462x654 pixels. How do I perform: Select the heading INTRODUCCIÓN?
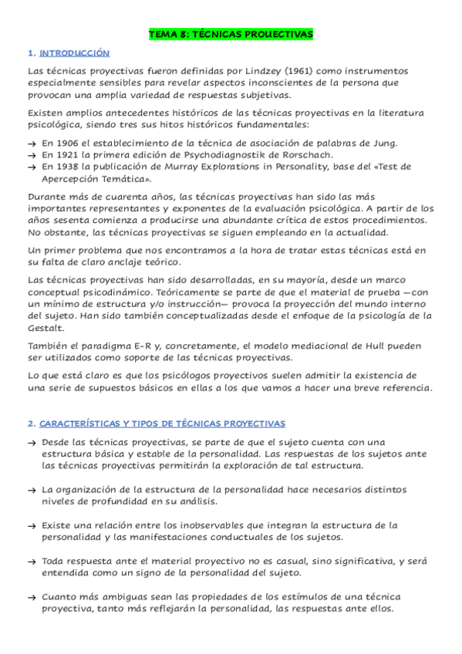click(75, 53)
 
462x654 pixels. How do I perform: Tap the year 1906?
click(71, 143)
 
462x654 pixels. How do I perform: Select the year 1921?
click(71, 154)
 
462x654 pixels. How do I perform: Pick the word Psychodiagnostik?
click(211, 154)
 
